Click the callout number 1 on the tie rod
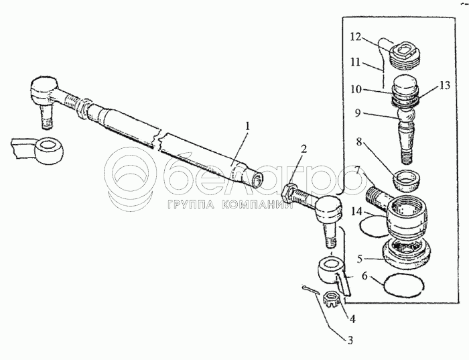pos(247,126)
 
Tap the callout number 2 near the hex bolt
pos(304,149)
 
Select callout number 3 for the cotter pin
pos(350,341)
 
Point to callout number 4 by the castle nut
pos(352,319)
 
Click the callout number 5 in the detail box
pos(360,259)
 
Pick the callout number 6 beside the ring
pos(364,276)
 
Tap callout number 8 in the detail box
pos(359,142)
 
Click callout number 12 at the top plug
pos(356,38)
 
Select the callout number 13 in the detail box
pos(445,86)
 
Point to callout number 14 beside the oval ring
pos(356,212)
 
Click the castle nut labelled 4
pos(332,300)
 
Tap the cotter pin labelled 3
pos(310,290)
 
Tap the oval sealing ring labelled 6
pos(404,285)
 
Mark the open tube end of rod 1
pos(257,180)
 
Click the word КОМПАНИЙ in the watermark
pos(257,205)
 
